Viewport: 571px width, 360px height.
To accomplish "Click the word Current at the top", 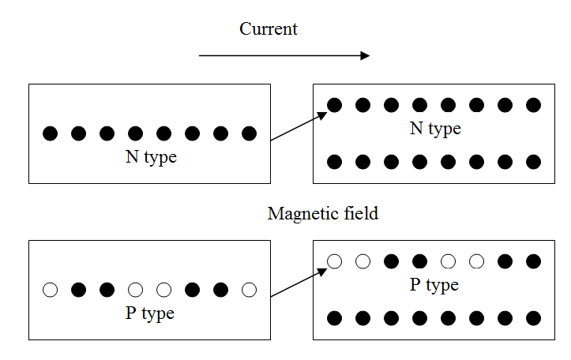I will [x=269, y=29].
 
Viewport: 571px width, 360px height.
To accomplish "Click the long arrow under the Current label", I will [x=284, y=55].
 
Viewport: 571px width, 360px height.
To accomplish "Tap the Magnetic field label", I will [x=323, y=213].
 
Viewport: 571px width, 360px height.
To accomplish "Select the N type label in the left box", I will [x=151, y=157].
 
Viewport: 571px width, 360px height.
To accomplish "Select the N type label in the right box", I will [x=435, y=128].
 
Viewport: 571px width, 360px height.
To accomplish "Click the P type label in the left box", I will [x=150, y=313].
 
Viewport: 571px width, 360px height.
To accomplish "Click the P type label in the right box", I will [x=434, y=284].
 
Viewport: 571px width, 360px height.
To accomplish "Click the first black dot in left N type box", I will [x=51, y=133].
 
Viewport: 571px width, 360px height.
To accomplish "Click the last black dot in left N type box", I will [x=250, y=133].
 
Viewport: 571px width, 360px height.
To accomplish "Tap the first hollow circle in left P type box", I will [x=51, y=290].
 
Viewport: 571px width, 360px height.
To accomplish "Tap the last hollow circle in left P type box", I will [x=250, y=290].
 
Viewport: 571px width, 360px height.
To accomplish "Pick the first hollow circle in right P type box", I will [x=335, y=261].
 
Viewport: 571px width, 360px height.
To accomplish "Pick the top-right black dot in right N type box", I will [x=533, y=104].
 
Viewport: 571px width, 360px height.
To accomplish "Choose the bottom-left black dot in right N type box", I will [x=335, y=162].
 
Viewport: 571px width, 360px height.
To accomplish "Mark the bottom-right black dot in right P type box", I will [x=533, y=318].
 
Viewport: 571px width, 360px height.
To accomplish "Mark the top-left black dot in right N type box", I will [x=335, y=104].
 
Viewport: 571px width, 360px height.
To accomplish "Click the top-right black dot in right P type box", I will [x=533, y=261].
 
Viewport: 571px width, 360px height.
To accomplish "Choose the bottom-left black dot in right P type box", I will [x=335, y=318].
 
